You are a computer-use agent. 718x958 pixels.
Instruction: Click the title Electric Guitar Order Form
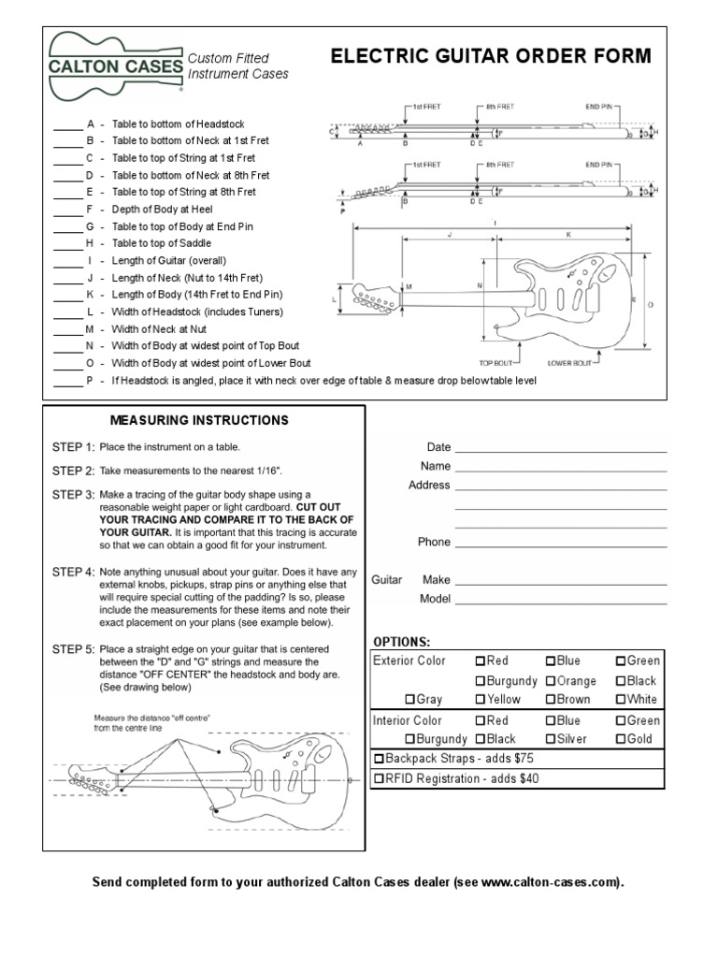tap(491, 57)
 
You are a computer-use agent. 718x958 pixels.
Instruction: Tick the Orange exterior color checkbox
tap(551, 681)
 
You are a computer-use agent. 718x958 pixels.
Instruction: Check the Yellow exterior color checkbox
tap(481, 699)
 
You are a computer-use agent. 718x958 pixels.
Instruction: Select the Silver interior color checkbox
tap(551, 739)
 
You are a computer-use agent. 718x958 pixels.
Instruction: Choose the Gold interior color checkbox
tap(620, 739)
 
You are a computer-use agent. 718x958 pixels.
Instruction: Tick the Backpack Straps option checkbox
tap(379, 759)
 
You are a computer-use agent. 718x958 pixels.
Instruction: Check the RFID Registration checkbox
tap(379, 778)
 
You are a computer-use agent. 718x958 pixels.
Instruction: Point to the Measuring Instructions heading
tap(199, 420)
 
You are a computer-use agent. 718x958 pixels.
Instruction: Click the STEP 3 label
tap(73, 494)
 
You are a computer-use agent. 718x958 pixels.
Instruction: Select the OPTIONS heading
tap(402, 642)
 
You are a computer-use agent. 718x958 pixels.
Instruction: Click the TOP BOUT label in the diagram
tap(497, 362)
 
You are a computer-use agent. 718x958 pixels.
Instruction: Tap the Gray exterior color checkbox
tap(409, 699)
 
